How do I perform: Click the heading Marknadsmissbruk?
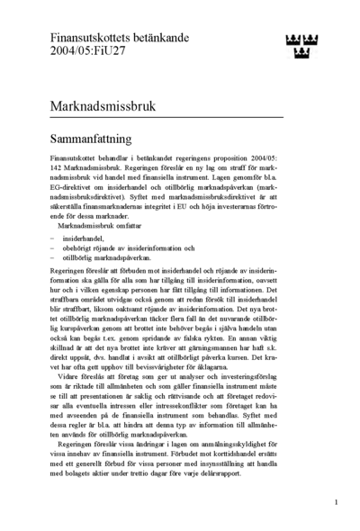click(x=103, y=105)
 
